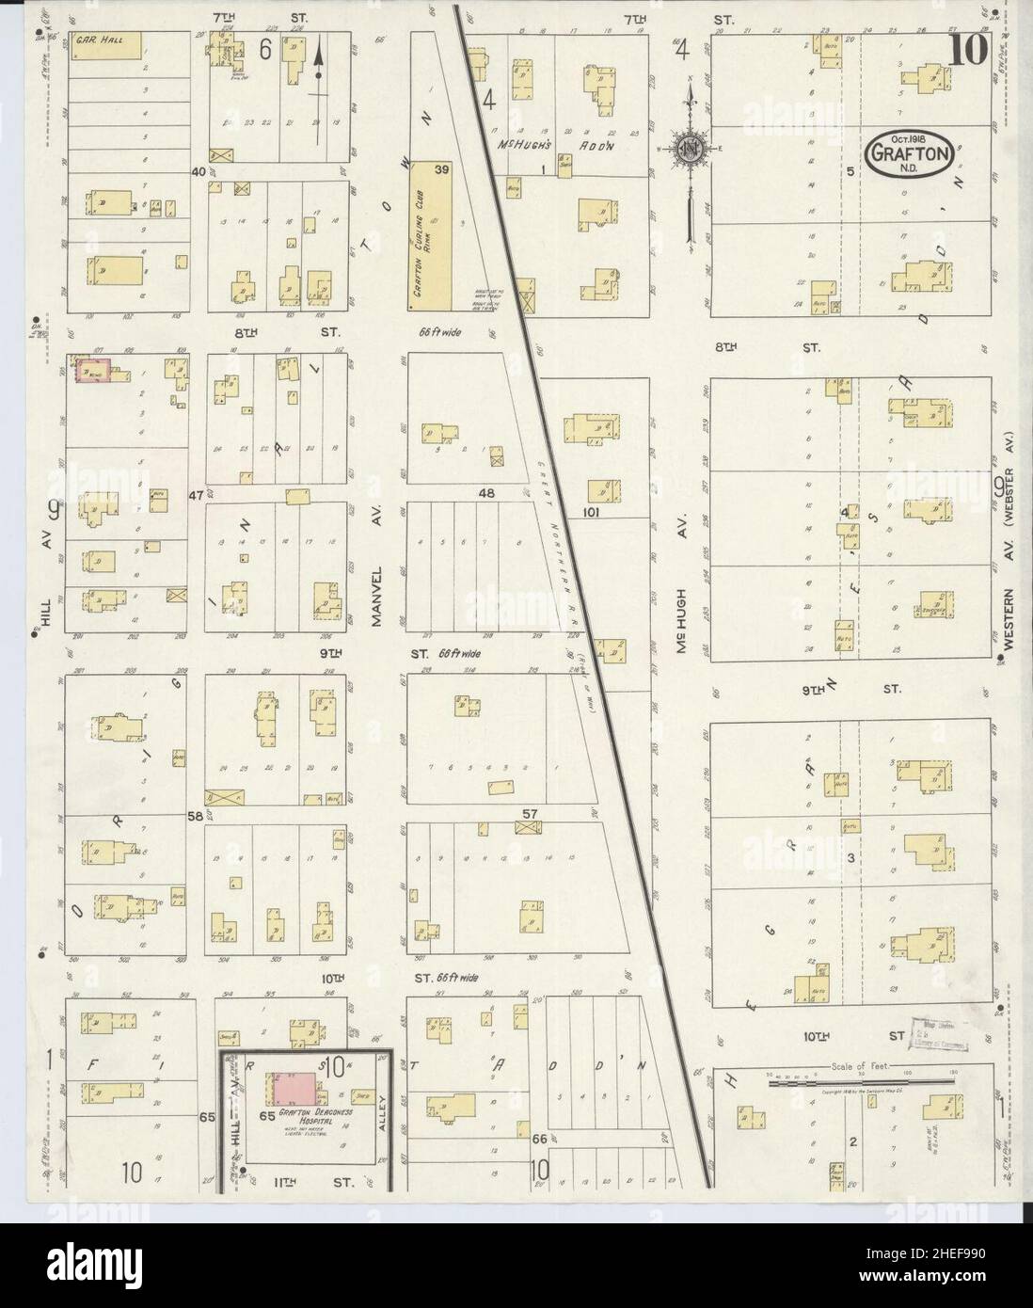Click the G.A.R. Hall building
coord(109,44)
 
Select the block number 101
coord(591,513)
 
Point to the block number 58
coord(195,815)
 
